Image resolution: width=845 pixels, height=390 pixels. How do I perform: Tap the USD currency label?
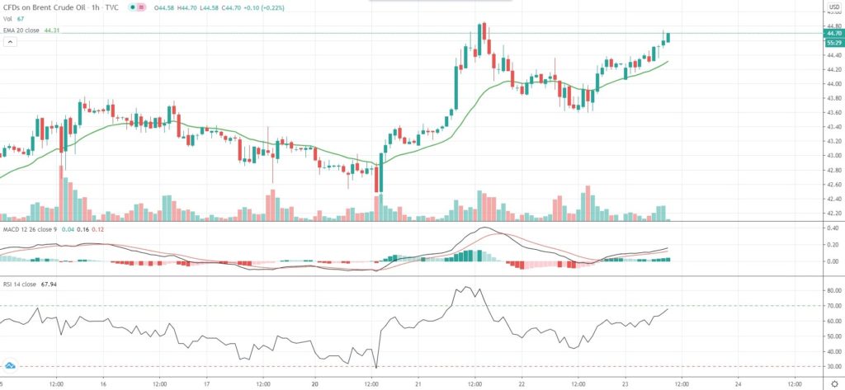[x=833, y=7]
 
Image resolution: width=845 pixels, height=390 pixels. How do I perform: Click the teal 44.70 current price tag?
[x=833, y=33]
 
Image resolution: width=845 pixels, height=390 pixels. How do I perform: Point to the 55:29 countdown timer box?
[x=833, y=41]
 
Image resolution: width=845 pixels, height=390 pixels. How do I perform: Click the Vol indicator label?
[x=7, y=19]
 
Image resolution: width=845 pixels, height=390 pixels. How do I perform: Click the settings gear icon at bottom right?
[x=833, y=383]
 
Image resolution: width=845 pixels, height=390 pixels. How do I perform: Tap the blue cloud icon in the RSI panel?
[x=11, y=364]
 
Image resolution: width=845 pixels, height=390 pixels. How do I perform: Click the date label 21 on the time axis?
[x=418, y=383]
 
